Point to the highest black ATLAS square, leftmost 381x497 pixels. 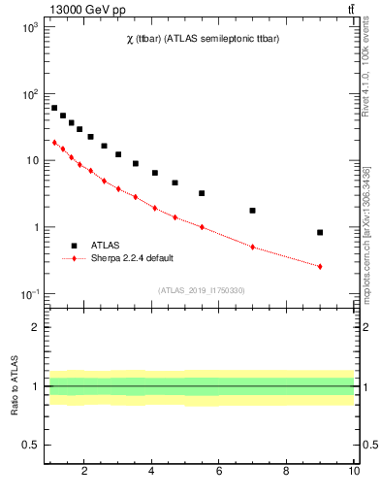click(54, 108)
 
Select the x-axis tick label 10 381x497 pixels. click(354, 473)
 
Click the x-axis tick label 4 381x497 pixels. click(152, 473)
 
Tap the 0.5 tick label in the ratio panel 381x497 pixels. click(30, 445)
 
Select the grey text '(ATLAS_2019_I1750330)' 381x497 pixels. click(200, 290)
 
